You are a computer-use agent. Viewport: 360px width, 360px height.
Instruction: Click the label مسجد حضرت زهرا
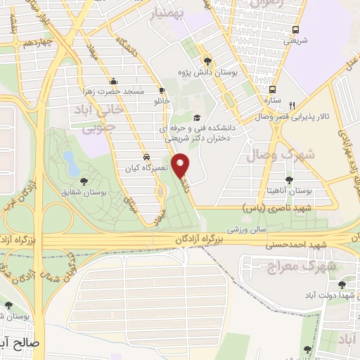119,92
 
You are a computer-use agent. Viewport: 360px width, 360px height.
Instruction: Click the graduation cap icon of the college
197,117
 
